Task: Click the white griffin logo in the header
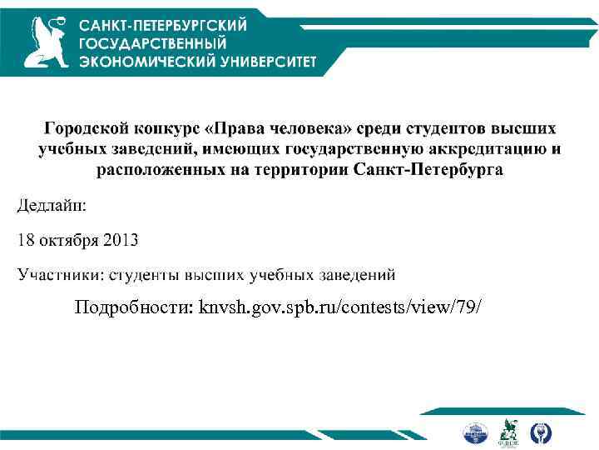coord(46,42)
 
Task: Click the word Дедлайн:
coord(52,205)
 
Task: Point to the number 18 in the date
coord(27,241)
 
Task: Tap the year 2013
coord(121,241)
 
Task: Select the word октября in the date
coord(69,241)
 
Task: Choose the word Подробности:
coord(133,308)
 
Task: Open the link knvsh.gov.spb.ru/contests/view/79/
coord(339,308)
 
